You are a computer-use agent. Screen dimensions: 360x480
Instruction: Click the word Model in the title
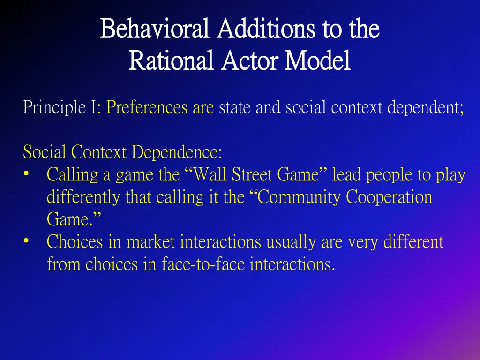(x=318, y=61)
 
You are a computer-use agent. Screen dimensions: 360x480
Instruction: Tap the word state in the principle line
(x=234, y=108)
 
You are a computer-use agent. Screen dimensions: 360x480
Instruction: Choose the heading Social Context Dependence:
(x=122, y=152)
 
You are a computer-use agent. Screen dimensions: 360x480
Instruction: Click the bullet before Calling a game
(x=27, y=175)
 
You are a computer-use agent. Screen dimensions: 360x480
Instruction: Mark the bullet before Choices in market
(x=27, y=242)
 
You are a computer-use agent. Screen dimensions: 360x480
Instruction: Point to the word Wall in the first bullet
(x=207, y=175)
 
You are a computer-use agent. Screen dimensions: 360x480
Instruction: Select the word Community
(x=300, y=197)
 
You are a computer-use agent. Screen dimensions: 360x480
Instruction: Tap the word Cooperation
(x=389, y=197)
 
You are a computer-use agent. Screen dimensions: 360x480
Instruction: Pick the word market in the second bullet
(x=150, y=242)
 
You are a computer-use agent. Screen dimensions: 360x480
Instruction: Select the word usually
(x=292, y=242)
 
